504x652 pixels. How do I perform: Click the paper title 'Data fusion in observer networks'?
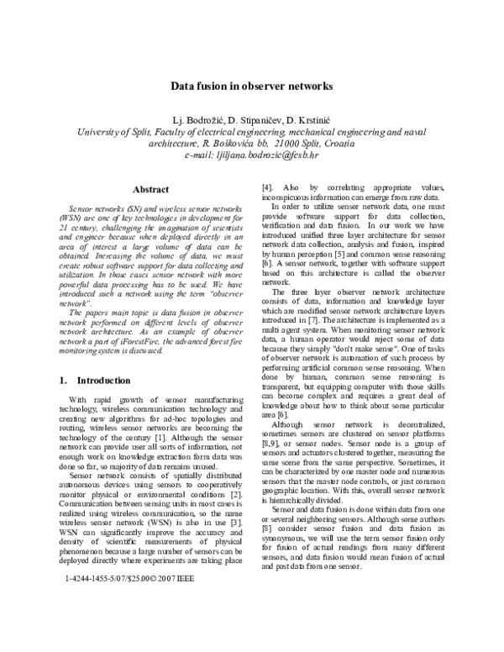pos(253,86)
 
